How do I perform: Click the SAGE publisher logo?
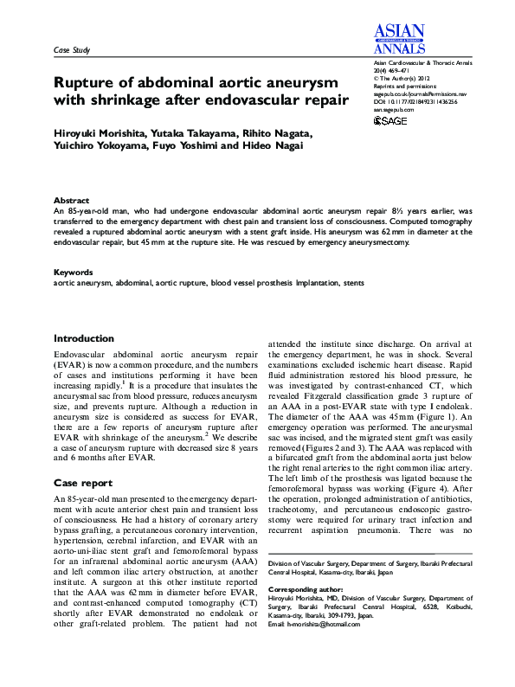pos(390,121)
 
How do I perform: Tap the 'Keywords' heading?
pos(74,272)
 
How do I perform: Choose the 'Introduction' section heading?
pos(84,338)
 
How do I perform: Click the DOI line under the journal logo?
pos(415,102)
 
